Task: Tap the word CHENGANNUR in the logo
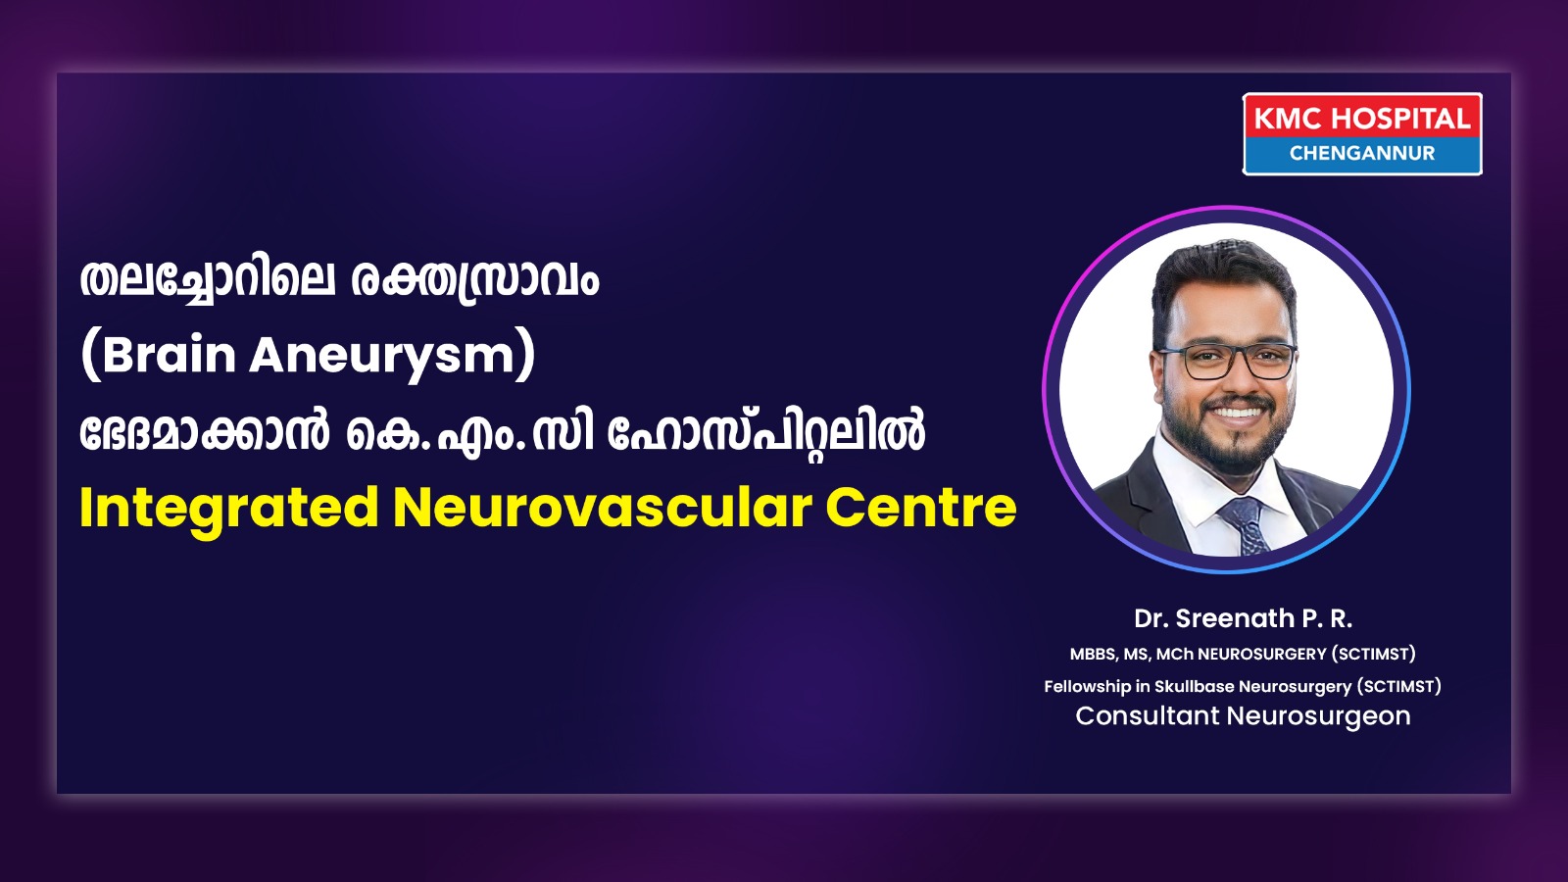[x=1362, y=153]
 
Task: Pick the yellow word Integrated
[x=229, y=510]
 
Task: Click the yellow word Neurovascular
[x=603, y=508]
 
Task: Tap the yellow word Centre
[x=921, y=508]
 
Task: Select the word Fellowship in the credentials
[x=1087, y=687]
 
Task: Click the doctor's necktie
[x=1246, y=525]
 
